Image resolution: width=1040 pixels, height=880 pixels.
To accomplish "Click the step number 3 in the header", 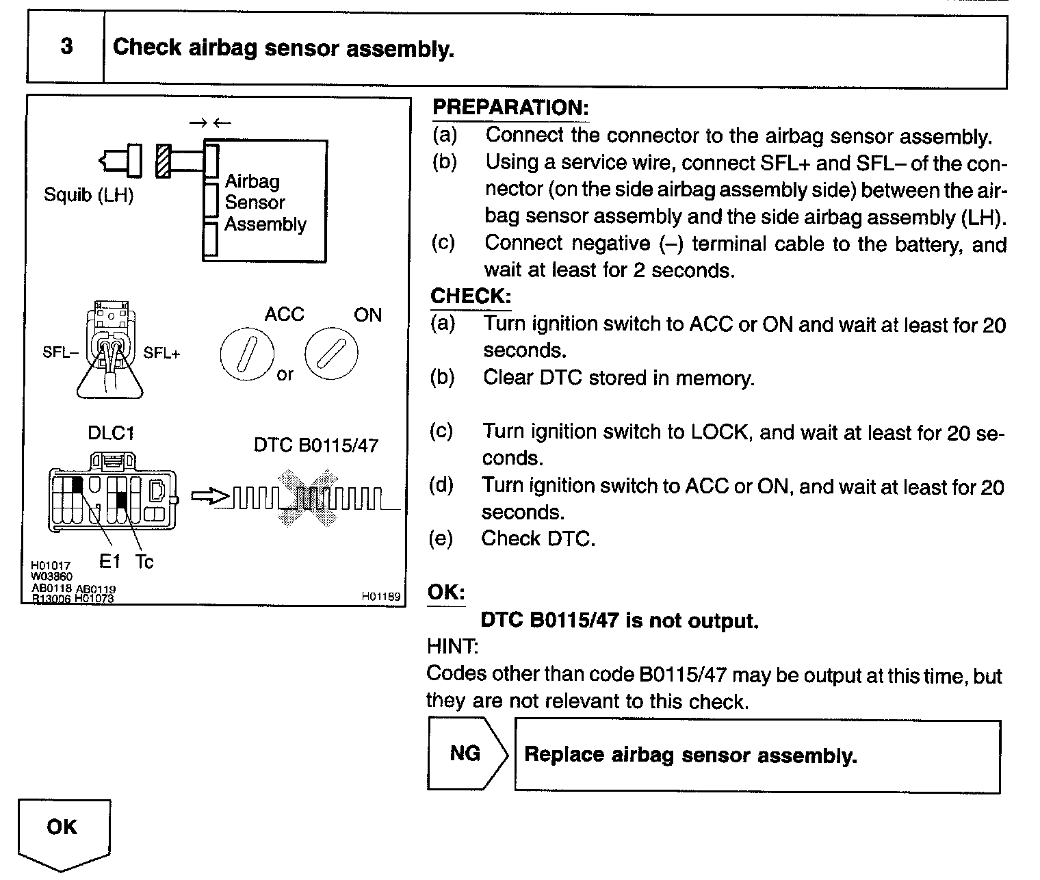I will [66, 47].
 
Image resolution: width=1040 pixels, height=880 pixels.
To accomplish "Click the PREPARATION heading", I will [510, 107].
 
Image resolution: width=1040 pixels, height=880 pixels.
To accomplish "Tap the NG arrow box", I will [467, 754].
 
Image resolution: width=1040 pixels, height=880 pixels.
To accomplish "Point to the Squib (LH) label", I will [88, 196].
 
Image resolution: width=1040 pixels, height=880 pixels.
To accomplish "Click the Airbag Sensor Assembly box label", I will [265, 203].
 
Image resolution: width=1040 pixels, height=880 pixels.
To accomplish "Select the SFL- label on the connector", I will [60, 353].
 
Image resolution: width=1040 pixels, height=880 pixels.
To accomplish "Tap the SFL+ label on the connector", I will [162, 353].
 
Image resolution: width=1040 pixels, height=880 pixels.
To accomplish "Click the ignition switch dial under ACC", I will [247, 354].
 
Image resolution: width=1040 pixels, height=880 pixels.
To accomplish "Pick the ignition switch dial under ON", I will [331, 354].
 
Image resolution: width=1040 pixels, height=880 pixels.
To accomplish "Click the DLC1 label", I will [111, 433].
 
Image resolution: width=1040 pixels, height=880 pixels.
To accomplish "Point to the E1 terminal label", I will [109, 562].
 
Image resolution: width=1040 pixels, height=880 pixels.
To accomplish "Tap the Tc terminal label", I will [144, 562].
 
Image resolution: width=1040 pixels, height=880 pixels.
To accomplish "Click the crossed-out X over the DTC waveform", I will [307, 497].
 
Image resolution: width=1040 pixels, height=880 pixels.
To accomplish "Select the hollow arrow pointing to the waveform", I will [209, 497].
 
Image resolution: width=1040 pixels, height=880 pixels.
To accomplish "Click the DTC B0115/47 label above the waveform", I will [316, 445].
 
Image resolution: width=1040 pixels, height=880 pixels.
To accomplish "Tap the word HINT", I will [452, 646].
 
